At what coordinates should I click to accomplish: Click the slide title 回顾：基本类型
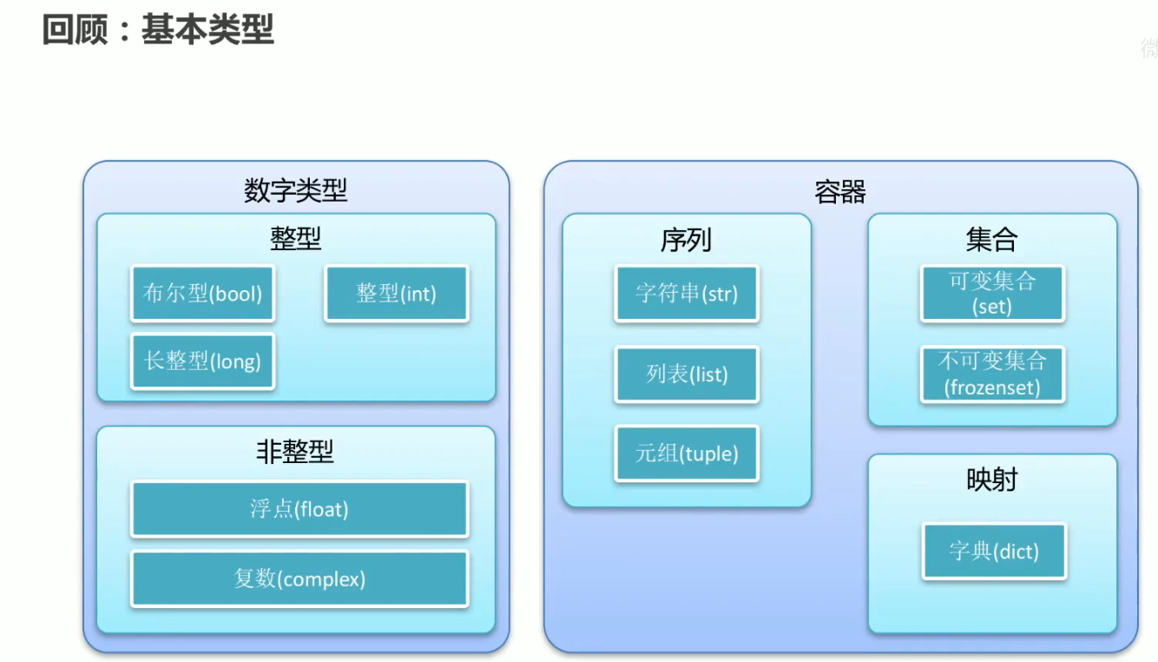[x=158, y=30]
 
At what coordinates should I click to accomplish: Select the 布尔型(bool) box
[x=202, y=294]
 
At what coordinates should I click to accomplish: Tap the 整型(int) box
[x=397, y=294]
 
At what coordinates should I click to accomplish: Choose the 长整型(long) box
[x=202, y=361]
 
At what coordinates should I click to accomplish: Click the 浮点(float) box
[x=299, y=509]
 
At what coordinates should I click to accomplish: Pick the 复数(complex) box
[x=299, y=579]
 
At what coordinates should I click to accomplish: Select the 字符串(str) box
[x=687, y=294]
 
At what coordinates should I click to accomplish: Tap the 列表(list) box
[x=687, y=374]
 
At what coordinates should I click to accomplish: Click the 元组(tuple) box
[x=687, y=453]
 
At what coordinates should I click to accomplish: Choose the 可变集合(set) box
[x=992, y=294]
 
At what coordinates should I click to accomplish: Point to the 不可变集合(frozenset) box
[x=992, y=374]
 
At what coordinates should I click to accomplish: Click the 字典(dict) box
[x=994, y=551]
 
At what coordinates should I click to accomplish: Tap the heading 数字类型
[x=296, y=190]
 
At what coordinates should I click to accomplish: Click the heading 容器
[x=840, y=191]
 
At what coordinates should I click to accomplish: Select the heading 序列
[x=686, y=240]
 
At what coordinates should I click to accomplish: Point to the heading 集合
[x=991, y=240]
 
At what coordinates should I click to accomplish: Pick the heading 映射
[x=991, y=480]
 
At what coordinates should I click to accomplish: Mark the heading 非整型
[x=295, y=452]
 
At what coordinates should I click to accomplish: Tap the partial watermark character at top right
[x=1150, y=49]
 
